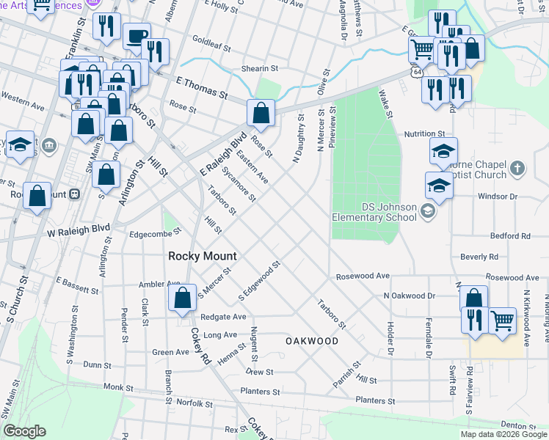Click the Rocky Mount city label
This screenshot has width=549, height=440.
click(x=203, y=256)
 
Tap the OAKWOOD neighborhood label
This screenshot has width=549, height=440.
click(x=312, y=341)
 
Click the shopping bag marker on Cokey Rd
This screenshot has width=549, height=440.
click(x=182, y=298)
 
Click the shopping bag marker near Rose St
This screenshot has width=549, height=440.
click(x=261, y=113)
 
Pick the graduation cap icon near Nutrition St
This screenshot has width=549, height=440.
click(x=443, y=151)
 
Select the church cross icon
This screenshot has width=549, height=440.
click(x=518, y=169)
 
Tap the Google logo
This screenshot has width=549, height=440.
click(x=23, y=431)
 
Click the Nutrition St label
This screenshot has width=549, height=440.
click(x=425, y=134)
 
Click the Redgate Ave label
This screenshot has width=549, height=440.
click(x=225, y=317)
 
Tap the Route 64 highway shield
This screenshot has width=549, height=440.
click(x=417, y=73)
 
